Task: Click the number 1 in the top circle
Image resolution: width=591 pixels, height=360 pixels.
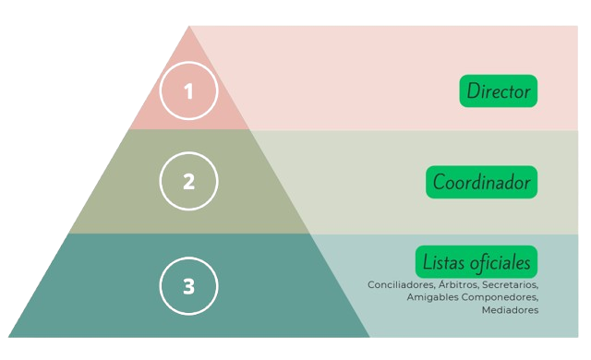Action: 188,91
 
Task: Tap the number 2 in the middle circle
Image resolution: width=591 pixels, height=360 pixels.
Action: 188,182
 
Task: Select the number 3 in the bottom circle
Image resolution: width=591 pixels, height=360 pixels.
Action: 188,286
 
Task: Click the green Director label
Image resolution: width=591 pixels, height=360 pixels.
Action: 499,90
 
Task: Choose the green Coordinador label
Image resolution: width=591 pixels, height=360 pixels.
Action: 482,182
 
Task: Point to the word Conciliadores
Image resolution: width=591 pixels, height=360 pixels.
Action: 401,284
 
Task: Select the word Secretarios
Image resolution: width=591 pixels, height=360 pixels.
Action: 511,284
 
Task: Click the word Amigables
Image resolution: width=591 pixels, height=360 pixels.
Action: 432,297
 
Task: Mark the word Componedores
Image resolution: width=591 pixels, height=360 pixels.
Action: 500,297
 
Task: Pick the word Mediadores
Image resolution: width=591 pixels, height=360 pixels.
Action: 510,310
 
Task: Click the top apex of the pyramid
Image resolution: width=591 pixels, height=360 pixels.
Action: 188,26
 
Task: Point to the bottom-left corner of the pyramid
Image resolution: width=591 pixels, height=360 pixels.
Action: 8,337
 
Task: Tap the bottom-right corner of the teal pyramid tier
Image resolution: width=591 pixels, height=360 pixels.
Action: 369,337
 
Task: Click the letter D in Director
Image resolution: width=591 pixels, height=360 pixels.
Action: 473,90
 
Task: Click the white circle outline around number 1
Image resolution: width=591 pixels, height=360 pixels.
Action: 160,90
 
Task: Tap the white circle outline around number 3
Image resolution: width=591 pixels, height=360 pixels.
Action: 160,286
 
